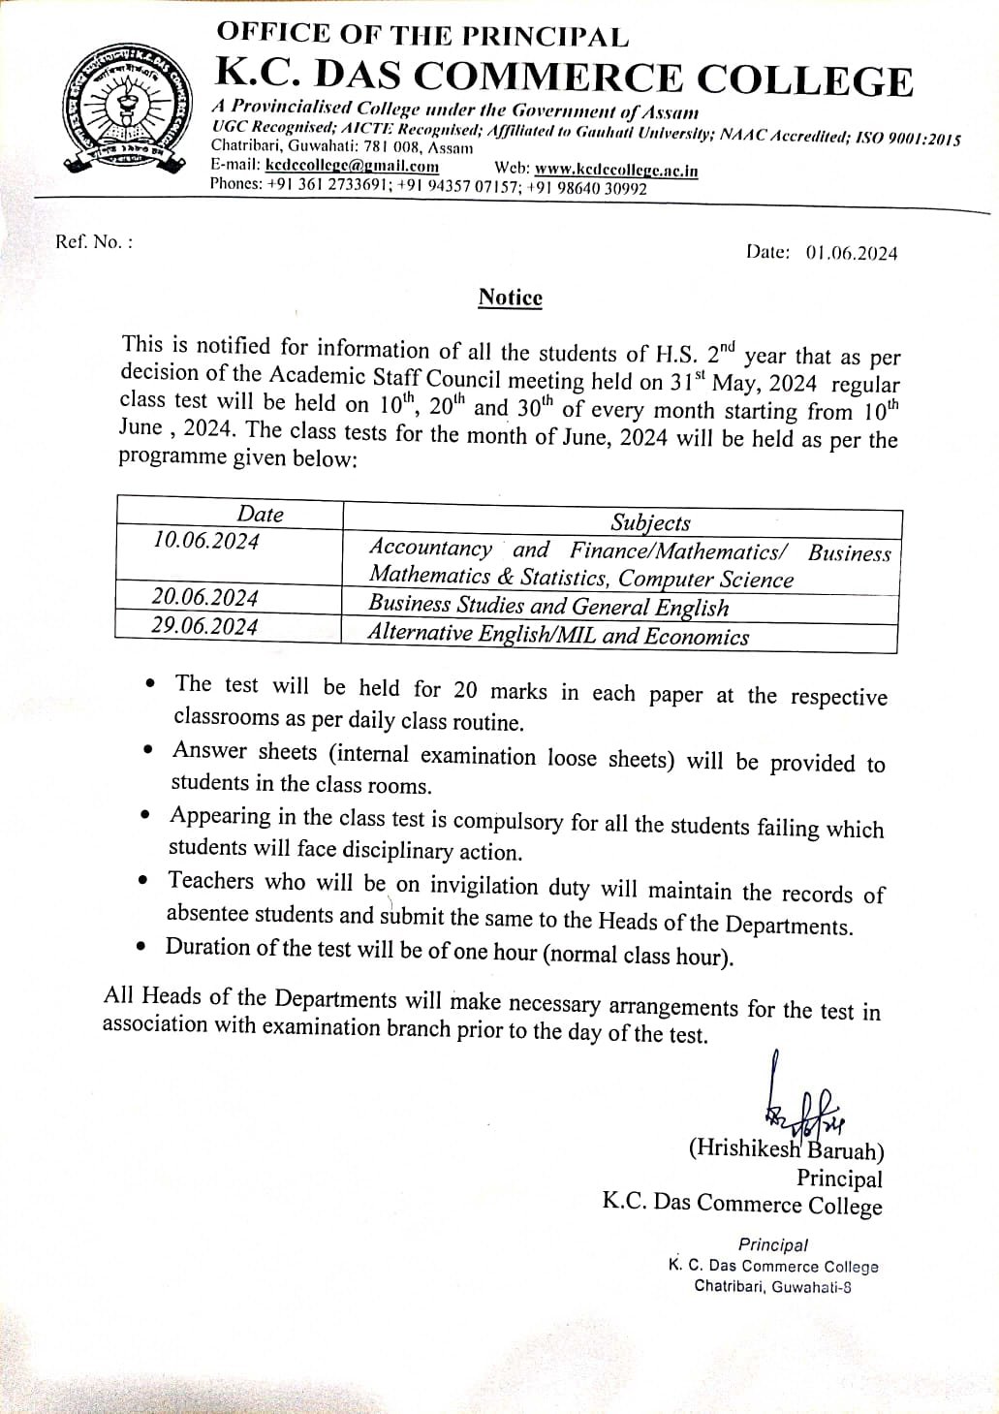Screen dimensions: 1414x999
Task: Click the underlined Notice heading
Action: pos(510,298)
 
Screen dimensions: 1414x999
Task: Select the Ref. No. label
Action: pos(94,241)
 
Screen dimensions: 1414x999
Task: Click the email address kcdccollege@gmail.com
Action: pos(352,167)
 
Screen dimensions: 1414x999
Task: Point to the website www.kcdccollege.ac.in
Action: pos(615,170)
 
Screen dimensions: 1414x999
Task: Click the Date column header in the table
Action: pos(261,514)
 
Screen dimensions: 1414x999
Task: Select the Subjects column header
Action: pos(650,522)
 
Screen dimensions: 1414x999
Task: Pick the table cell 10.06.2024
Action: pos(205,541)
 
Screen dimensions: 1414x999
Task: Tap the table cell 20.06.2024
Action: pos(204,597)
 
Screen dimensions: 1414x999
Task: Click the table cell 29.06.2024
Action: pos(204,626)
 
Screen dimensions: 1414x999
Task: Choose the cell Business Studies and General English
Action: pos(548,607)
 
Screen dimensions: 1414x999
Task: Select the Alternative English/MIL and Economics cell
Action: pos(558,636)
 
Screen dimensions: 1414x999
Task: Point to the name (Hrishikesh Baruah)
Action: pos(786,1150)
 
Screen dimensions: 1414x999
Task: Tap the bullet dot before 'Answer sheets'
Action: pos(147,749)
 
